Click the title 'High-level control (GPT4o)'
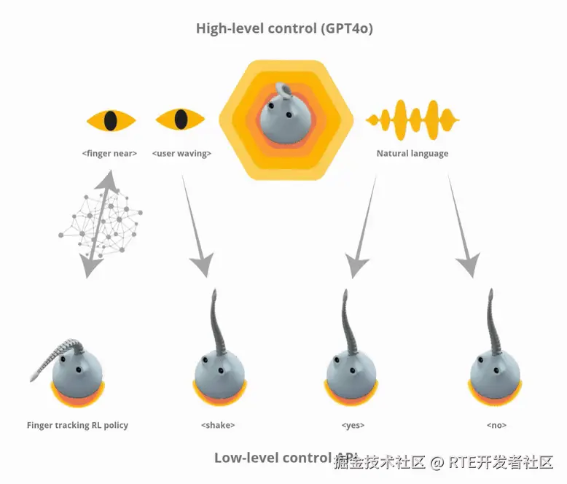285,29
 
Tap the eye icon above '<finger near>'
111,120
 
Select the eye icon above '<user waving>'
181,120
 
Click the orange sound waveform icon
412,120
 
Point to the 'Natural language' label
412,154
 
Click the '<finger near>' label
110,154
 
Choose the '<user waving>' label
181,154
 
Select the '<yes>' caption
353,425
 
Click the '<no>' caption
496,425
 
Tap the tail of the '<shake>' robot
216,321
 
